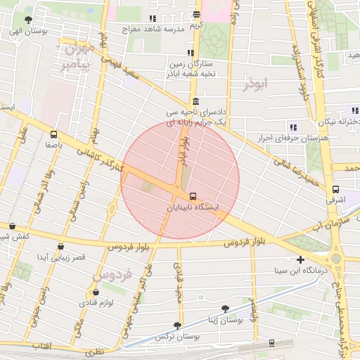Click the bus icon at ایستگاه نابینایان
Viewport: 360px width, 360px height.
point(193,197)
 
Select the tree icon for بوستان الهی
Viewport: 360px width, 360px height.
point(28,20)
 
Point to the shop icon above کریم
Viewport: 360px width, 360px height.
point(196,14)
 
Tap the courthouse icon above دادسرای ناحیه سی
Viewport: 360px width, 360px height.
point(195,101)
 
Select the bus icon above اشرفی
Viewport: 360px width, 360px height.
point(335,189)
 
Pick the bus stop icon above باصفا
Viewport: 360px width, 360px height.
point(54,134)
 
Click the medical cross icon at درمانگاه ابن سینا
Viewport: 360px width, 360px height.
point(301,259)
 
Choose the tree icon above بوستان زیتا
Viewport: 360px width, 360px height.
point(225,308)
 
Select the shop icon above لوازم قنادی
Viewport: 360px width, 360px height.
point(96,292)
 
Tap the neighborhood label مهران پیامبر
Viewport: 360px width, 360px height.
point(77,57)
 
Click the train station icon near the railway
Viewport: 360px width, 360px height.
point(271,342)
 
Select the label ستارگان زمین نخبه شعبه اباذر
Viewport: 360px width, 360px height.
point(190,67)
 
